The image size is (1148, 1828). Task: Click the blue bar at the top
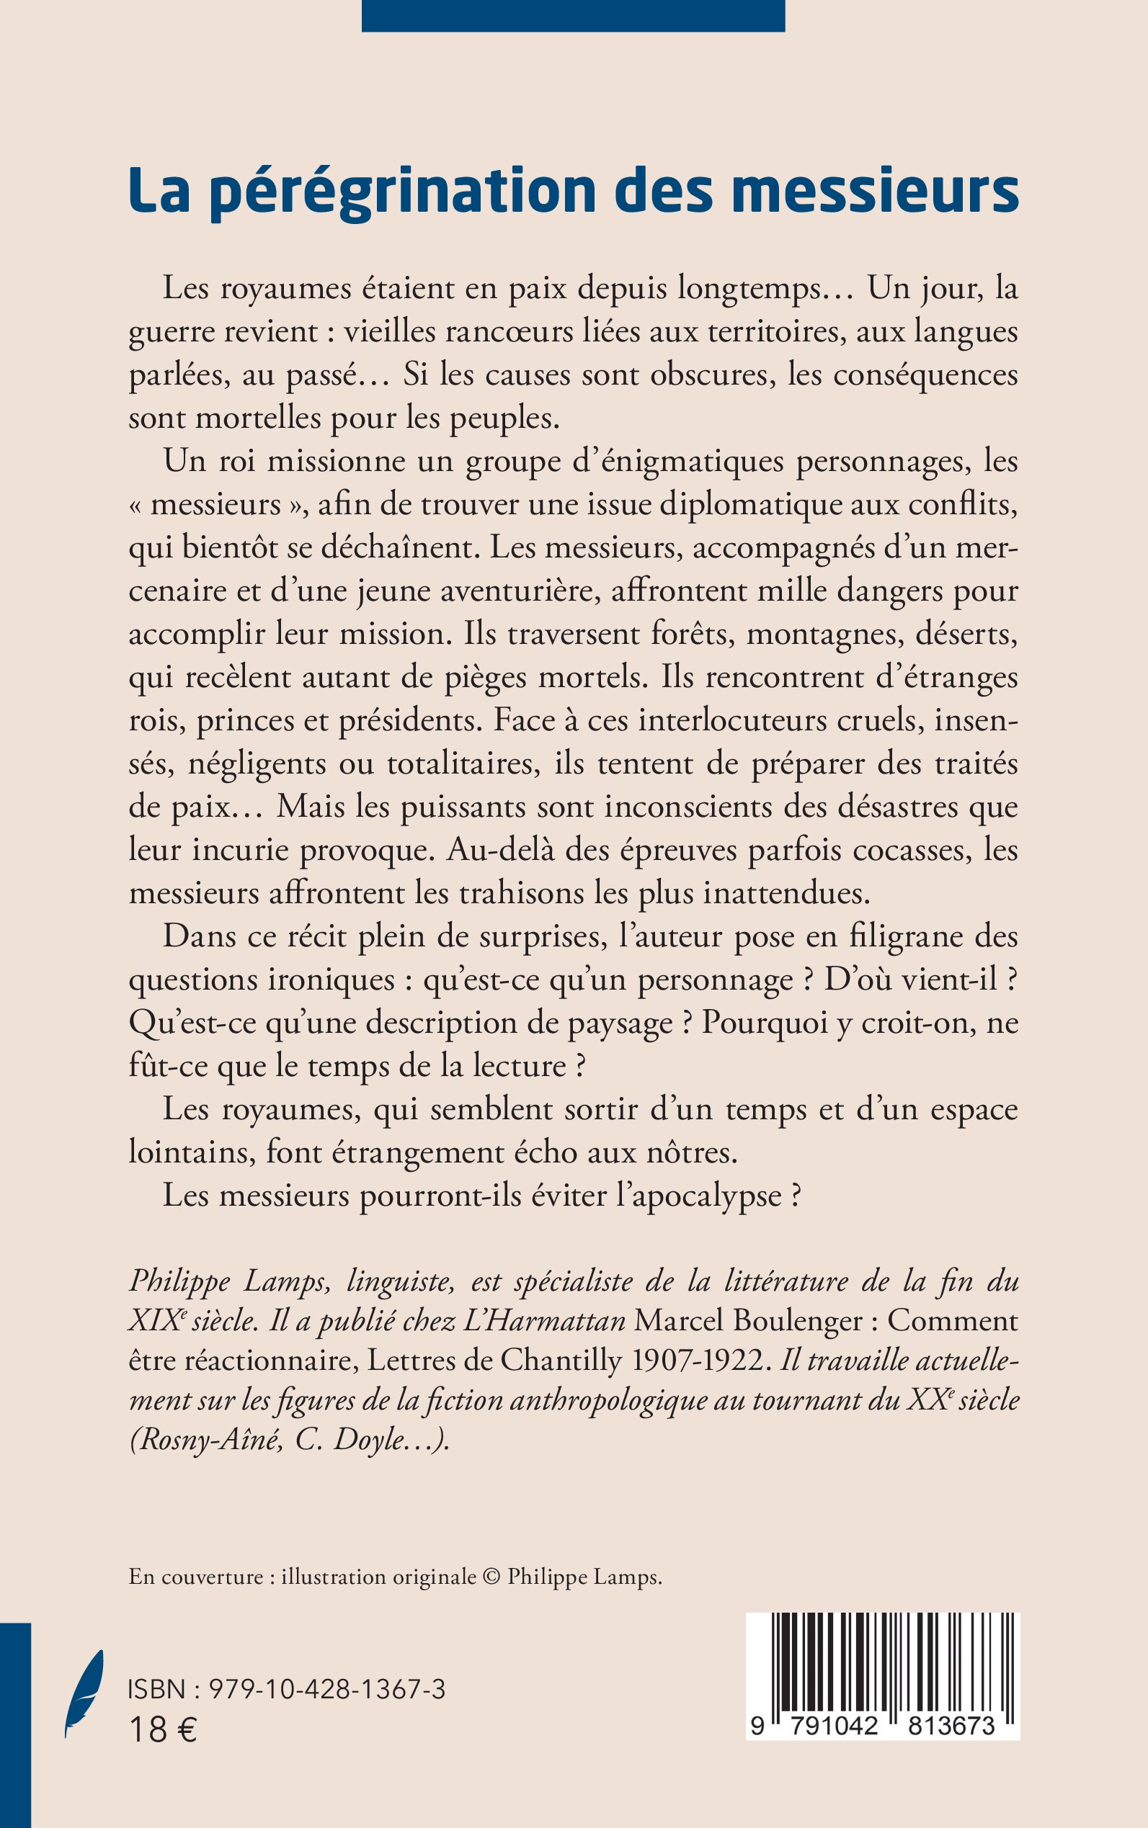tap(572, 15)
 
